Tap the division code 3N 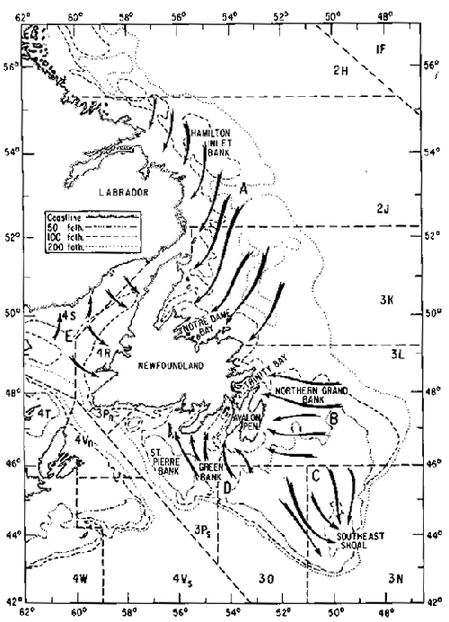(394, 581)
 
